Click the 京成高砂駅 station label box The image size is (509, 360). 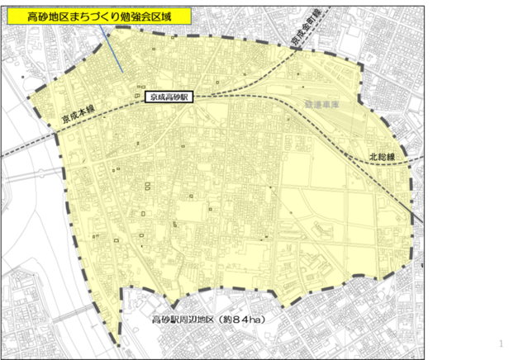click(168, 97)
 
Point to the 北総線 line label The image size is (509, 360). click(382, 155)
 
